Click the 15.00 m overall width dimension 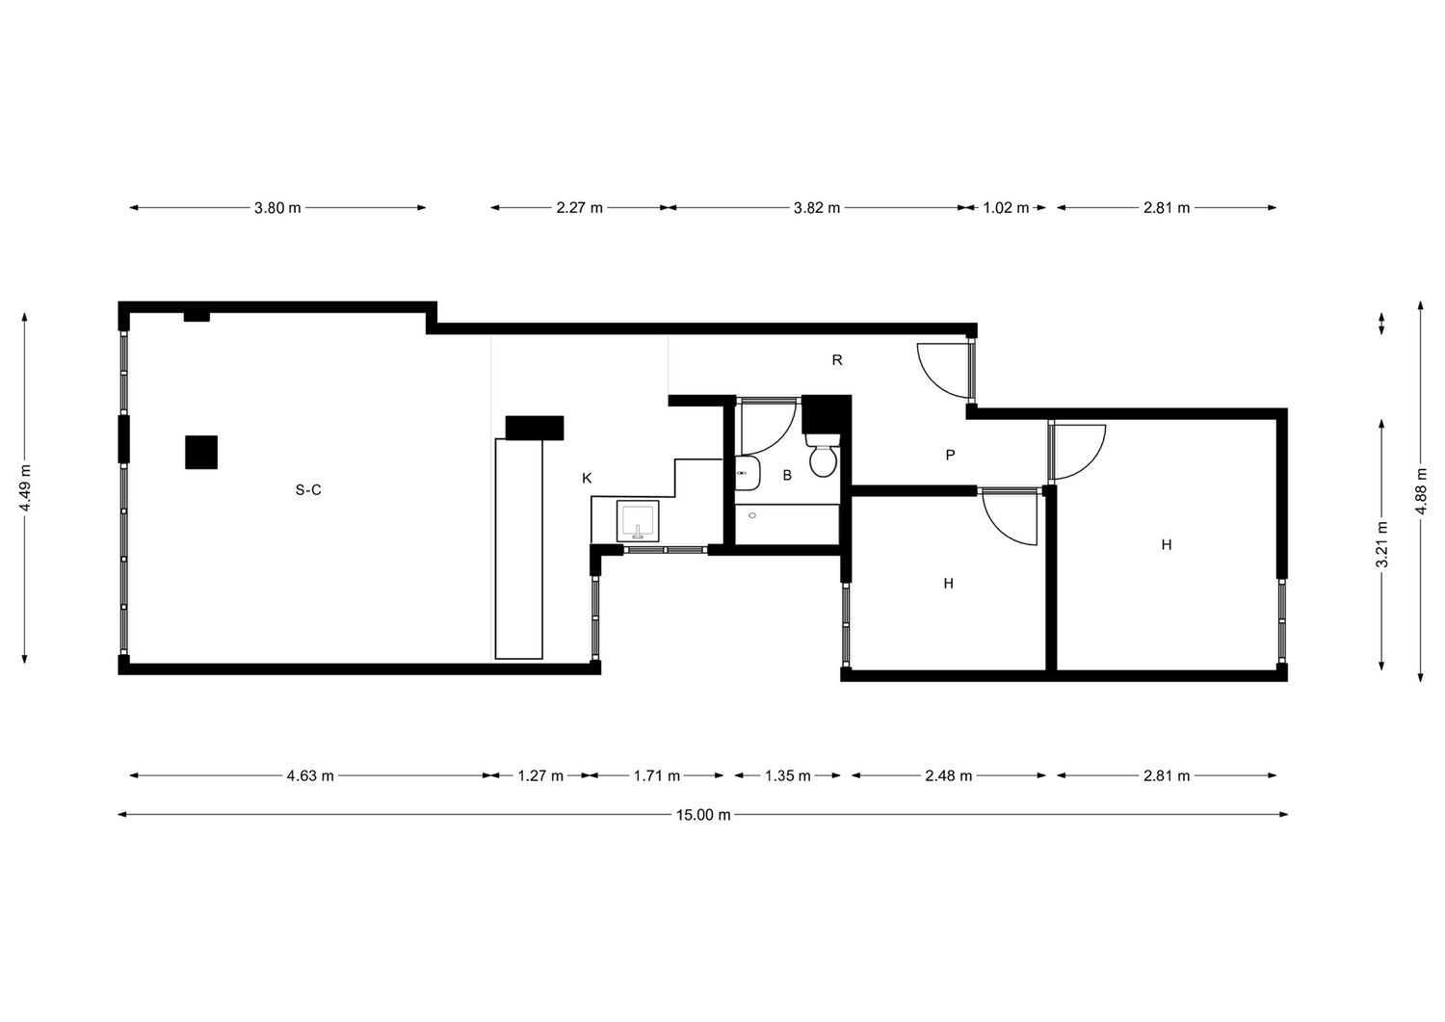[703, 815]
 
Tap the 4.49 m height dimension [25, 487]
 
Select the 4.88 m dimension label [1421, 491]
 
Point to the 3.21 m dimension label [1381, 545]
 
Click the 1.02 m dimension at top [1006, 208]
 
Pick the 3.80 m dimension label [277, 208]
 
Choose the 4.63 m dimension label [310, 775]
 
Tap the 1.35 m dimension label [788, 775]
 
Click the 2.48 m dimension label [948, 775]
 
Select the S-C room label [308, 490]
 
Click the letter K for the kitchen [587, 478]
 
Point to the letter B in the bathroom [787, 476]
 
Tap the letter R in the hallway [837, 360]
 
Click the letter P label [950, 455]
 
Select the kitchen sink [638, 521]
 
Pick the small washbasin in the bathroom [747, 473]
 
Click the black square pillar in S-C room [201, 452]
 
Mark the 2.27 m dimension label [579, 208]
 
